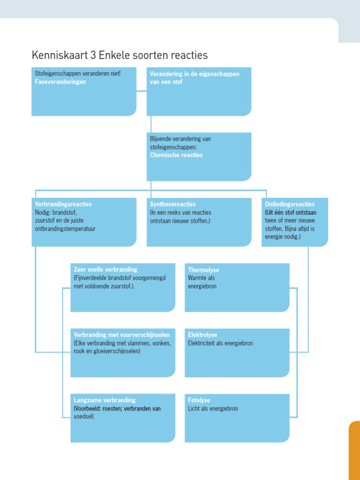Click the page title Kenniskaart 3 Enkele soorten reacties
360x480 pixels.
click(x=120, y=55)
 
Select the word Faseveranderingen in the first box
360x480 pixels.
click(x=60, y=82)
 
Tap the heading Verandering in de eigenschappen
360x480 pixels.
click(x=195, y=74)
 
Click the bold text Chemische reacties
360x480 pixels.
click(x=176, y=155)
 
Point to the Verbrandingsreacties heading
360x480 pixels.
click(x=63, y=204)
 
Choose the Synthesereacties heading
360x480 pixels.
click(x=173, y=204)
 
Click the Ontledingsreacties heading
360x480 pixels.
click(x=290, y=204)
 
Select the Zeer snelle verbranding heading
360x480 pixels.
click(x=105, y=270)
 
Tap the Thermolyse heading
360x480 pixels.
click(x=203, y=270)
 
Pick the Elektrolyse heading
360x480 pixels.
click(x=202, y=335)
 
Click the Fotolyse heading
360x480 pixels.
click(x=199, y=400)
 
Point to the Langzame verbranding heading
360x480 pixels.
click(x=105, y=400)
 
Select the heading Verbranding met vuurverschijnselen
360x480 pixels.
click(x=121, y=335)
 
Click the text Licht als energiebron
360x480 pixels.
click(x=213, y=409)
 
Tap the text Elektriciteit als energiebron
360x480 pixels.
click(x=220, y=344)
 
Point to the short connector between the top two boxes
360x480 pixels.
click(x=142, y=91)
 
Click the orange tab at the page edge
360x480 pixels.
click(x=354, y=450)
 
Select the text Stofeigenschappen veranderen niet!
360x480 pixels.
click(x=78, y=74)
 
